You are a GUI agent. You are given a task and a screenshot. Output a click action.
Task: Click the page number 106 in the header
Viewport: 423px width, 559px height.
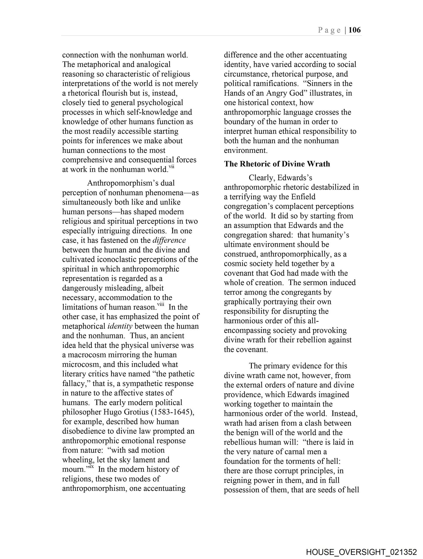354,30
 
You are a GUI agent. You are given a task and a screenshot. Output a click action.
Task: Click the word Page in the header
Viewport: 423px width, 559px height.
329,30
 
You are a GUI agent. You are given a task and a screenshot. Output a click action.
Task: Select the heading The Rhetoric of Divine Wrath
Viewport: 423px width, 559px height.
277,164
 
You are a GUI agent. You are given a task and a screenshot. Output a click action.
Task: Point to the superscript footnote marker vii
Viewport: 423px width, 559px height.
171,167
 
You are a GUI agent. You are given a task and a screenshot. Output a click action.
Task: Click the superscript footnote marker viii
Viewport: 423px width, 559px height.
161,305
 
